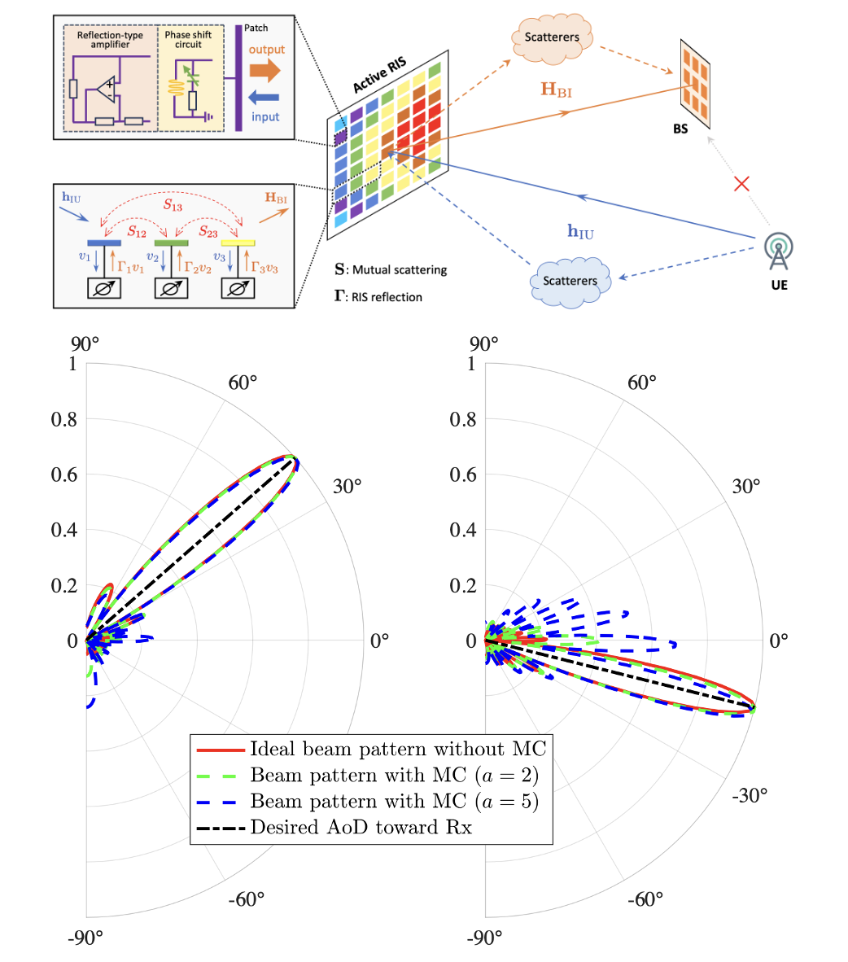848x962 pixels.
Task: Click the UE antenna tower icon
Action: click(x=779, y=251)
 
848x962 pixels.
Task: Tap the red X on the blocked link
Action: click(x=741, y=184)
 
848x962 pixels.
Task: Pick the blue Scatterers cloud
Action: click(x=570, y=281)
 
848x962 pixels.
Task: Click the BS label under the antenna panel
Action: click(x=680, y=129)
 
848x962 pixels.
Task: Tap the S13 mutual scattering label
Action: click(x=173, y=205)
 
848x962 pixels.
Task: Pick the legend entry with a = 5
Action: click(x=394, y=802)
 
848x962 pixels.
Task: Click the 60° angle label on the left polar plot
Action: click(x=243, y=383)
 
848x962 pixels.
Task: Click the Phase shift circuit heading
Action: click(x=188, y=40)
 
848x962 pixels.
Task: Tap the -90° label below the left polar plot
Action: click(x=85, y=938)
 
